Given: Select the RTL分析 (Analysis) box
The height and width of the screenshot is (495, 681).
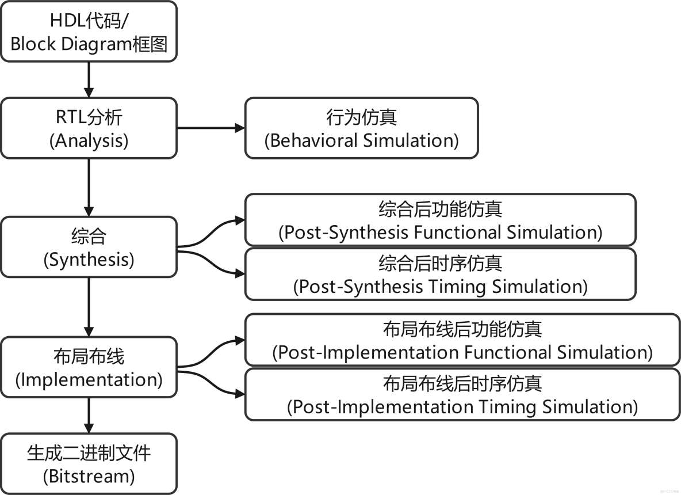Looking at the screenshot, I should (89, 128).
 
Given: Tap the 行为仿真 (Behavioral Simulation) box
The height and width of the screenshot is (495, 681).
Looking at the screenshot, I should (361, 128).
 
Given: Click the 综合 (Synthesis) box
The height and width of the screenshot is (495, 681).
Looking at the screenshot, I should (89, 247).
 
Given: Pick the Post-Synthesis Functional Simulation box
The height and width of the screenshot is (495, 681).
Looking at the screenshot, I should (440, 220).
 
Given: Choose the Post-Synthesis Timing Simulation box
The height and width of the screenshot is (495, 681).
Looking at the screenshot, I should (440, 274).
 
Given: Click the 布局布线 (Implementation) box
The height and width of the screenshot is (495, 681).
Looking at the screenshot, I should (89, 367).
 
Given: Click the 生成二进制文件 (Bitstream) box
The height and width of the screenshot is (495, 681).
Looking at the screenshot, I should (89, 463).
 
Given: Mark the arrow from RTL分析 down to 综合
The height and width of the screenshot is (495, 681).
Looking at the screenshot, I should (89, 186).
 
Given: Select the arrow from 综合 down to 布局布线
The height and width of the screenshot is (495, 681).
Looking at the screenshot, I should (89, 307).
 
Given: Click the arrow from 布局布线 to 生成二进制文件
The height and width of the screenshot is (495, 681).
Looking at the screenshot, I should (89, 416).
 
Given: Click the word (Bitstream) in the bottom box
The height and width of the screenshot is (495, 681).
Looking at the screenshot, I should (89, 476).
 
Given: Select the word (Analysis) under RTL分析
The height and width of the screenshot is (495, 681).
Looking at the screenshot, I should (89, 140).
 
